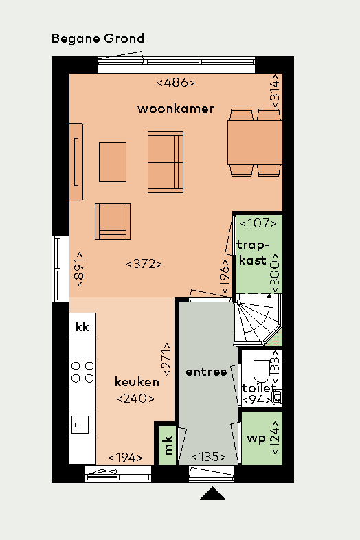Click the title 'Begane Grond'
[98, 38]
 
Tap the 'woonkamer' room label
[176, 109]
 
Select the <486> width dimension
[176, 82]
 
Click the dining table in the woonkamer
[255, 143]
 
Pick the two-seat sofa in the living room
[165, 163]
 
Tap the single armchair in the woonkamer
[113, 221]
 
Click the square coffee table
[113, 162]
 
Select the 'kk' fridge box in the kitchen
[82, 326]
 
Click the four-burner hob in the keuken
[82, 372]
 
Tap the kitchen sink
[82, 424]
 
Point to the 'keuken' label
[137, 382]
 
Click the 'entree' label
[206, 372]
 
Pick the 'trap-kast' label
[251, 253]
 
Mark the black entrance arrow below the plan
[213, 494]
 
